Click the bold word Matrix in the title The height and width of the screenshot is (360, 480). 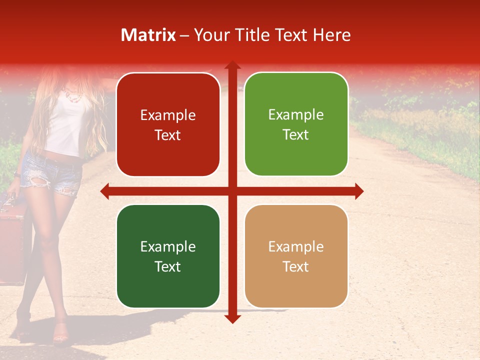tap(148, 35)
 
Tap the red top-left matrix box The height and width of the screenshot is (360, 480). tap(168, 124)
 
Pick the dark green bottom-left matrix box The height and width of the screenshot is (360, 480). tap(168, 256)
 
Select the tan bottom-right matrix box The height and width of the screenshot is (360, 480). tap(296, 256)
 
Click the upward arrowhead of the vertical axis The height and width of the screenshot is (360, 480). tap(232, 65)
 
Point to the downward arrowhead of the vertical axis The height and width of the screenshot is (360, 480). tap(232, 318)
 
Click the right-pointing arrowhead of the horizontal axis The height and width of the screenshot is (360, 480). tap(359, 191)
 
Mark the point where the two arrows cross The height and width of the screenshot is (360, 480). tap(232, 191)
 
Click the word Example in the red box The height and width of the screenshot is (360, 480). tap(168, 115)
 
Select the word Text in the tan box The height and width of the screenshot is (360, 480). tap(296, 266)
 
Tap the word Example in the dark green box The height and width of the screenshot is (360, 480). tap(168, 247)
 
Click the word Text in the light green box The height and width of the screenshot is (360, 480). tap(296, 134)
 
